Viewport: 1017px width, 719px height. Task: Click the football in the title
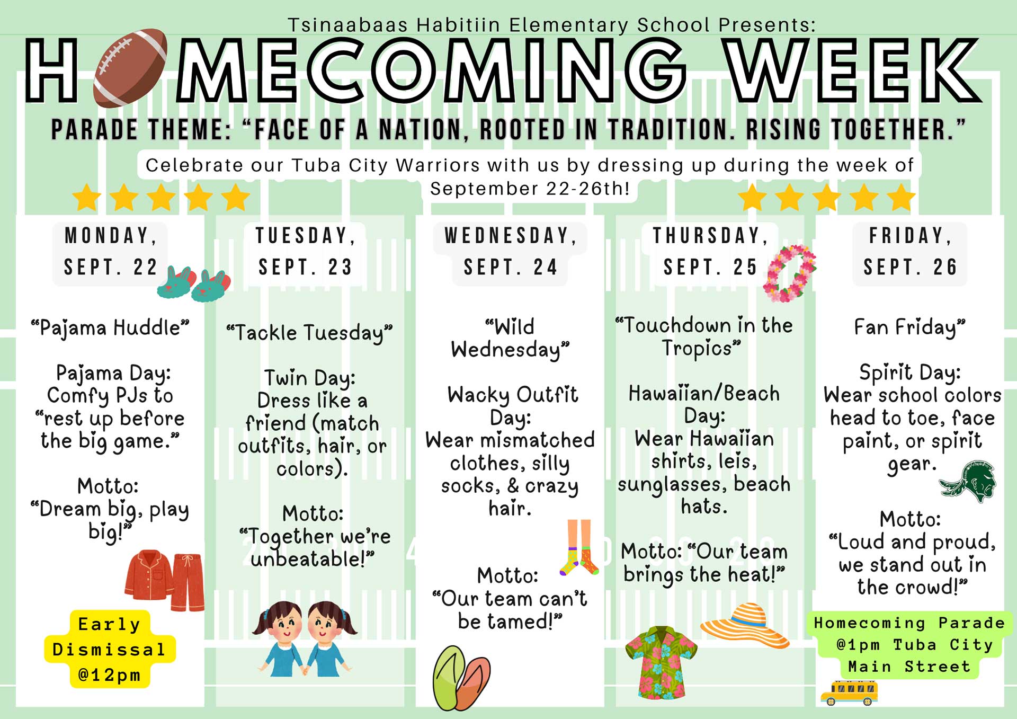[x=130, y=67]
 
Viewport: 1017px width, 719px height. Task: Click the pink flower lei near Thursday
[x=789, y=273]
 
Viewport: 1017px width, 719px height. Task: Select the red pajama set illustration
[x=165, y=580]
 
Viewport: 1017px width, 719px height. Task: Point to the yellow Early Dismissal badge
[x=110, y=649]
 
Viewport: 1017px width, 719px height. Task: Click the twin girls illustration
[x=305, y=638]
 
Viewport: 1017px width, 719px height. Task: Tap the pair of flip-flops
[x=461, y=678]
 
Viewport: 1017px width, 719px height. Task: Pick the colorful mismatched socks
[x=579, y=547]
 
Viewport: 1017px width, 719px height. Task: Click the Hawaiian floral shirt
[x=661, y=662]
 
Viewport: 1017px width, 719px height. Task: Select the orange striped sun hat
[x=745, y=625]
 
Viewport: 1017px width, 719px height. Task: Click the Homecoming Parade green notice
[x=909, y=645]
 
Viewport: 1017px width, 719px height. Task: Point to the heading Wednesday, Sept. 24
[x=511, y=251]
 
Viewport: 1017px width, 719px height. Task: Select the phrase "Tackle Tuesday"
[x=309, y=333]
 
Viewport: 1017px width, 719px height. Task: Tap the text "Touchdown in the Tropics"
[x=703, y=336]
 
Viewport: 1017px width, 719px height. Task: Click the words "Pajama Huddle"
[x=110, y=328]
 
